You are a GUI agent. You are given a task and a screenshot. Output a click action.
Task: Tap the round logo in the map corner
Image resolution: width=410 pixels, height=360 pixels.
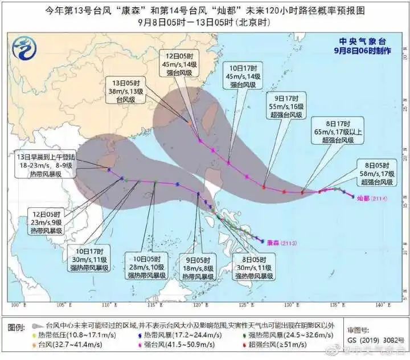pos(24,48)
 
